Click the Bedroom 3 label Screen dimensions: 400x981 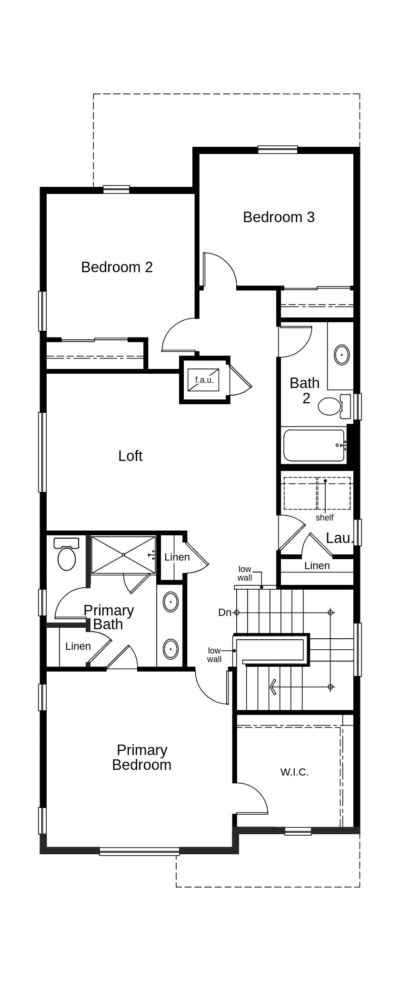(279, 217)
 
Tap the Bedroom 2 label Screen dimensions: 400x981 (117, 267)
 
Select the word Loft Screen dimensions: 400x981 (130, 456)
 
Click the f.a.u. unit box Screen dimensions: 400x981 (204, 380)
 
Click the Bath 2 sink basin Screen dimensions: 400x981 (341, 355)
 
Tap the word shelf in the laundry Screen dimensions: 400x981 (324, 518)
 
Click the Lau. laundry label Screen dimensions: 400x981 (340, 538)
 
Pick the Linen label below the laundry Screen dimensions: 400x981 (317, 565)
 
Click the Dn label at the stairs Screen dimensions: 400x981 (225, 613)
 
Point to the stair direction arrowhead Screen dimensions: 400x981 (273, 687)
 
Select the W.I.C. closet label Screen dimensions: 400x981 (294, 772)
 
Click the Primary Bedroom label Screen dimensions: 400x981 (141, 757)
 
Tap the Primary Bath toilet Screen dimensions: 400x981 (67, 554)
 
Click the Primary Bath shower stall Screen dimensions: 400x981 (123, 555)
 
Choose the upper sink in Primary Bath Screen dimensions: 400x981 (170, 602)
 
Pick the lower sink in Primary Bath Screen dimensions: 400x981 (170, 649)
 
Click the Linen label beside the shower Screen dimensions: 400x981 (177, 557)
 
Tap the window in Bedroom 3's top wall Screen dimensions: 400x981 (278, 149)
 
